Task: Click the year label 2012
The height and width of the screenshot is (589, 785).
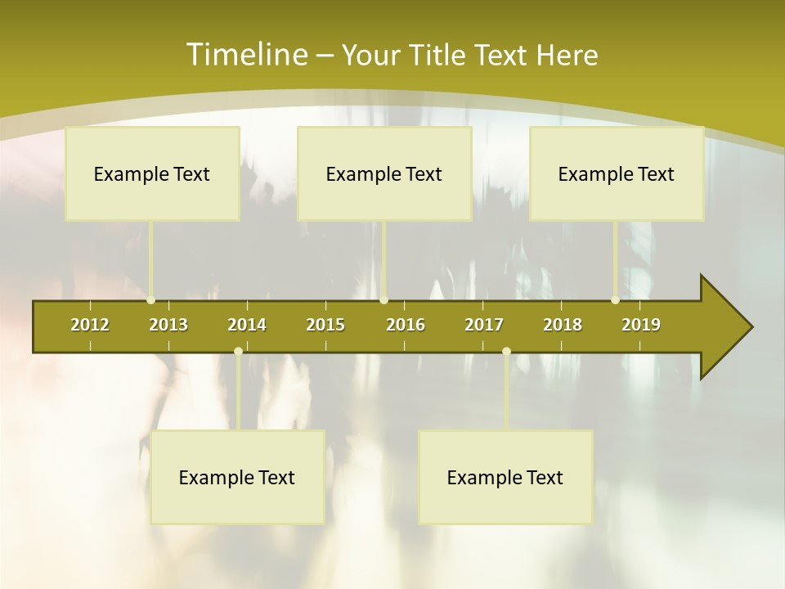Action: tap(90, 325)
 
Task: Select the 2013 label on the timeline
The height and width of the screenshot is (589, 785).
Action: tap(168, 325)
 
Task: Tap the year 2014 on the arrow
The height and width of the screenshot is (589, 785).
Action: tap(247, 325)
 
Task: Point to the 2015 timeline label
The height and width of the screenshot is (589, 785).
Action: tap(325, 325)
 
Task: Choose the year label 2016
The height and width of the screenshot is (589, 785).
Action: tap(406, 325)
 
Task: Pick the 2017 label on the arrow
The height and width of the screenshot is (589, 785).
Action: tap(484, 325)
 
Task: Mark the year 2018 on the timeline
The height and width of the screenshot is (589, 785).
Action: tap(563, 325)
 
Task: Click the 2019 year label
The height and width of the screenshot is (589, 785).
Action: tap(641, 325)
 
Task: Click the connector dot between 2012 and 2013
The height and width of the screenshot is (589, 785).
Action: tap(150, 300)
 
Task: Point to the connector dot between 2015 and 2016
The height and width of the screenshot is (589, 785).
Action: tap(384, 300)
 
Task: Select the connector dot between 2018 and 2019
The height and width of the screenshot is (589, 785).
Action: tap(615, 300)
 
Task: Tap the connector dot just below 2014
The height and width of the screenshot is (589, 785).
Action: tap(238, 352)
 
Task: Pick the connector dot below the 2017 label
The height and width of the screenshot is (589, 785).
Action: tap(506, 352)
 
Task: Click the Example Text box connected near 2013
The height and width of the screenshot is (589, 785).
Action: tap(152, 173)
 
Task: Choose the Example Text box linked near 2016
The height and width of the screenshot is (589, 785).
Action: tap(384, 173)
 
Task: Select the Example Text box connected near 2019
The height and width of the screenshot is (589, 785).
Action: tap(617, 173)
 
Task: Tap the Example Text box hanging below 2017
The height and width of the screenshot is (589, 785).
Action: tap(505, 477)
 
